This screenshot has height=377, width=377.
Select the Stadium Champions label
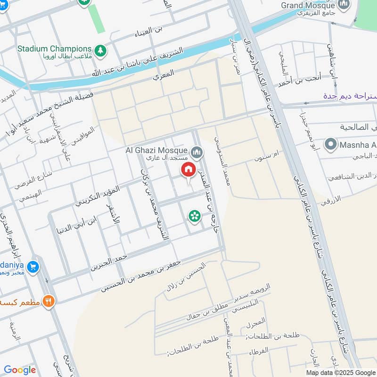pyautogui.click(x=54, y=49)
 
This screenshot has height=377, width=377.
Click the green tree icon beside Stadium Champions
pyautogui.click(x=99, y=49)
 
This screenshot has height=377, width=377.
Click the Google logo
pyautogui.click(x=20, y=370)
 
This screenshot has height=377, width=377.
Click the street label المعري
pyautogui.click(x=164, y=74)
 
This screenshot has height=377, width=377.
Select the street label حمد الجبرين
pyautogui.click(x=109, y=263)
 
